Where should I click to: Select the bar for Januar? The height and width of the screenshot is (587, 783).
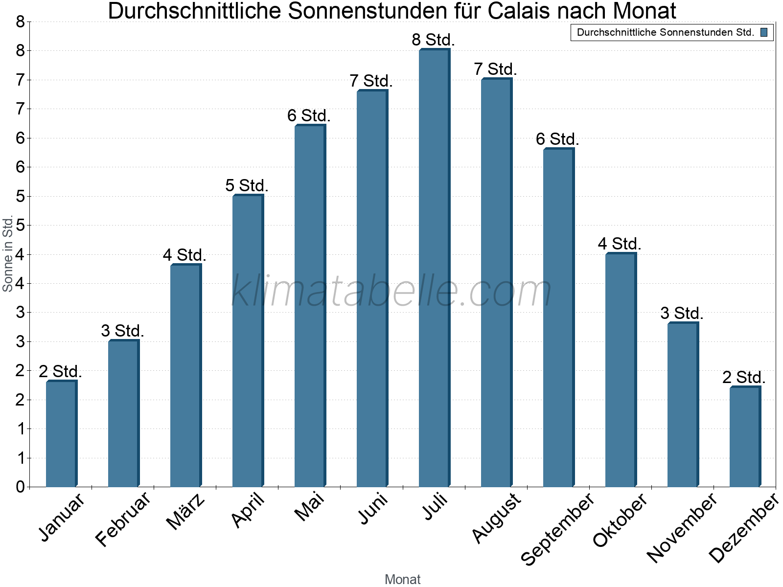point(61,434)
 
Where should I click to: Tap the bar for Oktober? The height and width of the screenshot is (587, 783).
point(621,370)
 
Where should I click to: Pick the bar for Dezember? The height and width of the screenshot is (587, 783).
point(745,437)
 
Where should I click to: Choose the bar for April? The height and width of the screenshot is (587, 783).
point(248,341)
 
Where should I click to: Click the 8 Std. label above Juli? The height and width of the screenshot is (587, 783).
point(434,40)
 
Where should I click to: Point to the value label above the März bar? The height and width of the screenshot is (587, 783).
point(184,255)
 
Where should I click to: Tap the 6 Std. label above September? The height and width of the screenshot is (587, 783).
point(557,139)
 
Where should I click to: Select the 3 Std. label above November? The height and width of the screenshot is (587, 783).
point(682,313)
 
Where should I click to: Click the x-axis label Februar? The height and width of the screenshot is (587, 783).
point(123,519)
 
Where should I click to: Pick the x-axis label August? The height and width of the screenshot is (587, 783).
point(496,518)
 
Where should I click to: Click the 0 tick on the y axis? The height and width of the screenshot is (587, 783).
point(20,487)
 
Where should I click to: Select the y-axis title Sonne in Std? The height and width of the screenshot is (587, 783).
point(8,254)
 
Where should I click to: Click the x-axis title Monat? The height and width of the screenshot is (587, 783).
point(402,579)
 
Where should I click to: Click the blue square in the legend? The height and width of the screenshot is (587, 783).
point(764,33)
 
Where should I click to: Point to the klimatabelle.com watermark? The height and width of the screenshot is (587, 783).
point(391,291)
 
